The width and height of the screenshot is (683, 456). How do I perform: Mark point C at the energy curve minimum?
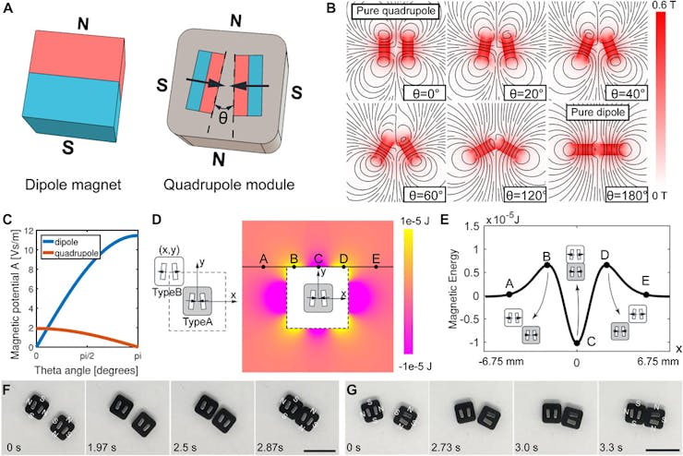click(x=577, y=342)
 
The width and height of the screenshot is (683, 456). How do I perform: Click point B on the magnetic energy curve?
click(x=547, y=266)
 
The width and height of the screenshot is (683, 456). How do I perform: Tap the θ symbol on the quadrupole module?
click(x=222, y=118)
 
